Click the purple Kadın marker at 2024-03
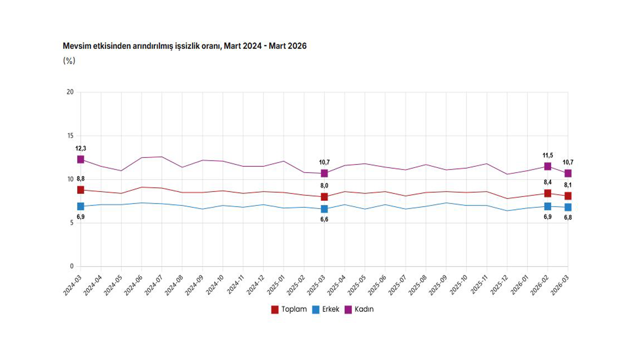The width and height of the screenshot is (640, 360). pyautogui.click(x=80, y=159)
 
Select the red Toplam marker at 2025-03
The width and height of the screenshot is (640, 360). pyautogui.click(x=324, y=197)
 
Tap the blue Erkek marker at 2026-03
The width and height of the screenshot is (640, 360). pyautogui.click(x=568, y=207)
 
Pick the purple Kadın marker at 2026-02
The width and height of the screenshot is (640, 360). pyautogui.click(x=547, y=166)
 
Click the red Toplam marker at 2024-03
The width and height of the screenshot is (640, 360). pyautogui.click(x=80, y=190)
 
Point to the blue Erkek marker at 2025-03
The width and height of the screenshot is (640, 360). pyautogui.click(x=324, y=209)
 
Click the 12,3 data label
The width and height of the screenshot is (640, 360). pyautogui.click(x=80, y=148)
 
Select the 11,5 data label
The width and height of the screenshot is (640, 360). pyautogui.click(x=547, y=155)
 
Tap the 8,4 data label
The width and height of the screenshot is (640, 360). pyautogui.click(x=547, y=183)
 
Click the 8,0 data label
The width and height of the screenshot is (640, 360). pyautogui.click(x=324, y=186)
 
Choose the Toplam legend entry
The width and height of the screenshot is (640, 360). pyautogui.click(x=289, y=309)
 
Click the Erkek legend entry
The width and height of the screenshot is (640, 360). pyautogui.click(x=325, y=309)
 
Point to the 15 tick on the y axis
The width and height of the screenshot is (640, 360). pyautogui.click(x=70, y=136)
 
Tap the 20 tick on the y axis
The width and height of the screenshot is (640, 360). pyautogui.click(x=70, y=92)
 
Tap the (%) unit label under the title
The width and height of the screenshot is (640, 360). pyautogui.click(x=69, y=60)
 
